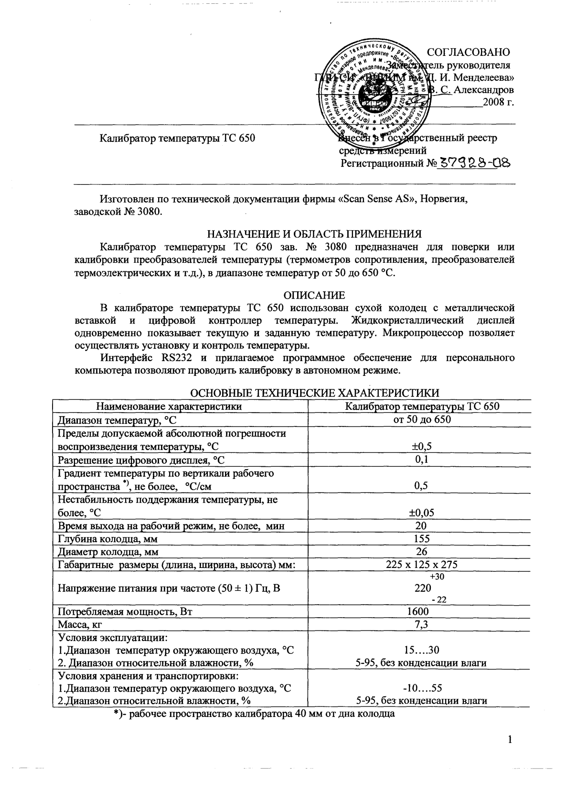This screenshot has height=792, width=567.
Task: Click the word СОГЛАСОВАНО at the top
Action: click(x=468, y=52)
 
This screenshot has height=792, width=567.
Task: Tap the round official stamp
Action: click(x=375, y=91)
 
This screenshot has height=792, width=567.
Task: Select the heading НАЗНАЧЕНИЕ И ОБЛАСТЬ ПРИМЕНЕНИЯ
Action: click(x=314, y=234)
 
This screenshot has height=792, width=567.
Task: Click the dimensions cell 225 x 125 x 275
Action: click(x=422, y=565)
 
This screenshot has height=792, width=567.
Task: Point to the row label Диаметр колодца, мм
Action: click(x=108, y=552)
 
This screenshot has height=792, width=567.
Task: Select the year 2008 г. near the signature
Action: click(x=499, y=102)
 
